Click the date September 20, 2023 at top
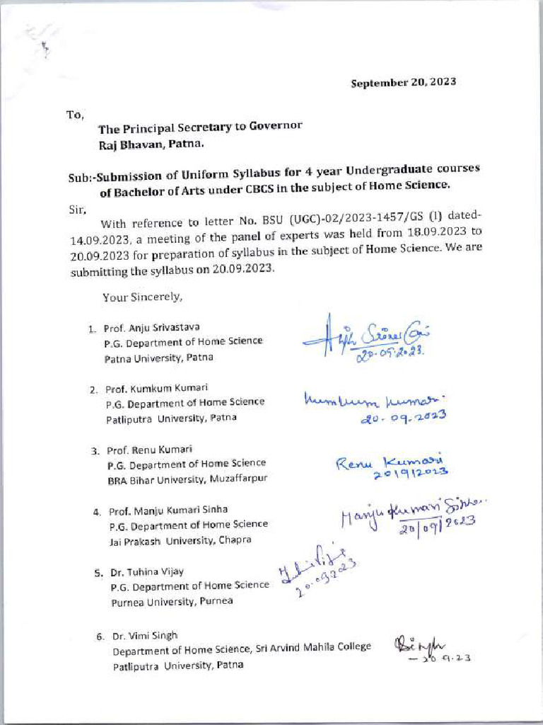pos(404,82)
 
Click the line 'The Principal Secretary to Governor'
pos(200,127)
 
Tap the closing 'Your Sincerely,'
pos(142,297)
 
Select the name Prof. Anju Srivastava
pos(152,327)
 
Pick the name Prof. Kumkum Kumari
pos(153,389)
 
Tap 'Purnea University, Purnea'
pos(172,602)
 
